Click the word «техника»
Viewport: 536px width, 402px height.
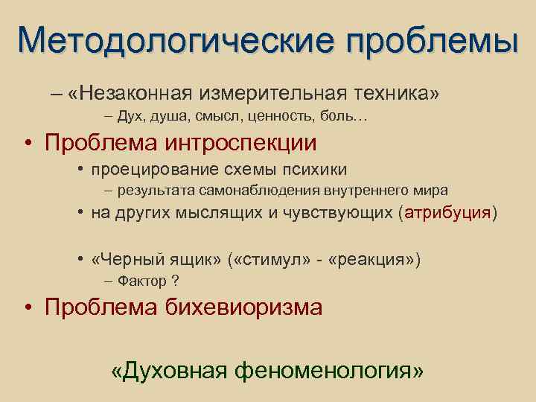tap(393, 94)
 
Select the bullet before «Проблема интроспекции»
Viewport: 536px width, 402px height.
tap(27, 142)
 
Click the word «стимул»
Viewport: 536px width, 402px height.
tap(267, 260)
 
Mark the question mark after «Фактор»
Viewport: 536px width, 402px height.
tap(175, 281)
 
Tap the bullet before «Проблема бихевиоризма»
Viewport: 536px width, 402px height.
tap(27, 307)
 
